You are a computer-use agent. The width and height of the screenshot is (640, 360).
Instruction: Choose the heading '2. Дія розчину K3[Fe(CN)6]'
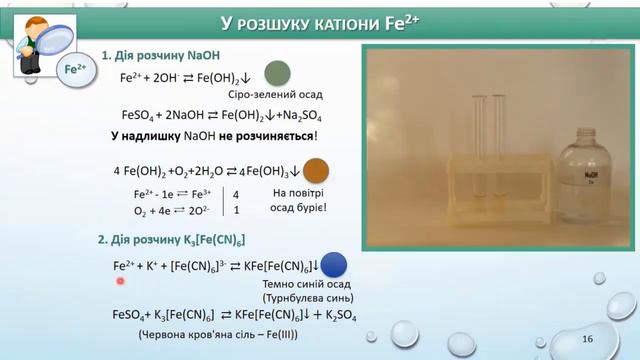point(171,240)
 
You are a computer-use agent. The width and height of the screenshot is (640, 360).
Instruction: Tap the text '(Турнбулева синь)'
point(297,298)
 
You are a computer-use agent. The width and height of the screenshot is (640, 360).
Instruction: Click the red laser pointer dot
point(119,281)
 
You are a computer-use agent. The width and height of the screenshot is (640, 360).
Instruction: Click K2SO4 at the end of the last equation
point(341,315)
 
